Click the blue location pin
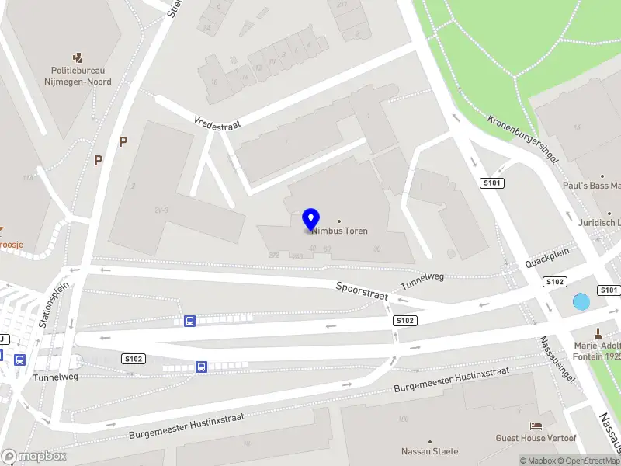tap(311, 220)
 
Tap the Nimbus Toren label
tap(341, 231)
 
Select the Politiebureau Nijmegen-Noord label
tap(78, 76)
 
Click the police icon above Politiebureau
tap(78, 57)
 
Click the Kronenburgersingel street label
tap(524, 139)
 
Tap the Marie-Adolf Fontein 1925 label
tap(597, 351)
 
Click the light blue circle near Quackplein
tap(581, 302)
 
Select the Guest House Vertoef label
tap(536, 438)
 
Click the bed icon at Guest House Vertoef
tap(536, 425)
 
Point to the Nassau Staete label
tap(429, 451)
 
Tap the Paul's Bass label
tap(593, 186)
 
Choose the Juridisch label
tap(599, 222)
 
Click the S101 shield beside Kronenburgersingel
tap(493, 183)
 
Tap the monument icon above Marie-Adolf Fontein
tap(597, 332)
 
